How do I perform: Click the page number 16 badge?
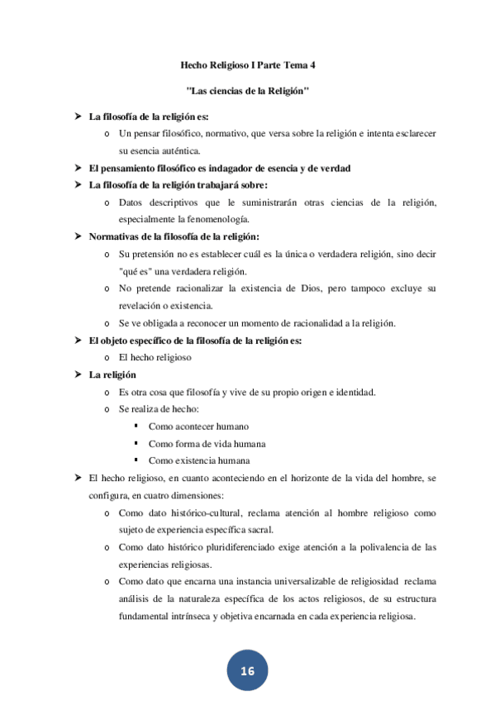(x=247, y=670)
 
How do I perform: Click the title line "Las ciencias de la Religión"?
(x=248, y=89)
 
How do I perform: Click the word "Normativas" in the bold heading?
(x=115, y=236)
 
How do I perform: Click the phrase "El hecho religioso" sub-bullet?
(x=155, y=357)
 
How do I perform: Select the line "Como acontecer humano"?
(x=199, y=426)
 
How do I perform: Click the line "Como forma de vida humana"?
(x=207, y=443)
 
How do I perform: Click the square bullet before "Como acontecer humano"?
(x=135, y=426)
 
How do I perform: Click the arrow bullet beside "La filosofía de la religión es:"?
(x=77, y=116)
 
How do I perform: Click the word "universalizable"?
(x=298, y=582)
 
